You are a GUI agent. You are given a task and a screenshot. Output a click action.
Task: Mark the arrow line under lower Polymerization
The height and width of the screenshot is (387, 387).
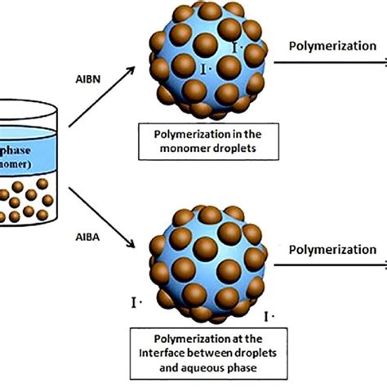(335, 263)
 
